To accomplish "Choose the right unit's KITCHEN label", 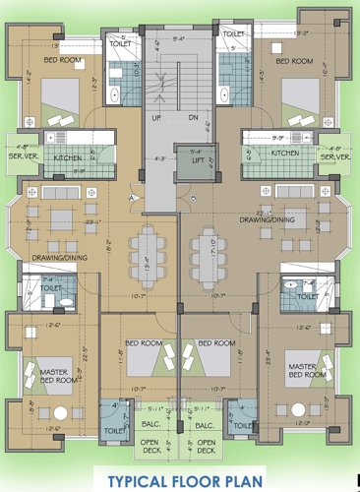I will [285, 154].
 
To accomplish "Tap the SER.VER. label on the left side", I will [22, 156].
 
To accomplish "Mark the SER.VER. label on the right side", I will [336, 155].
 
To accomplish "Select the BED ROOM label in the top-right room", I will [294, 61].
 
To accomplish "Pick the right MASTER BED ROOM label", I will [307, 371].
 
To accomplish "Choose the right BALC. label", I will [205, 425].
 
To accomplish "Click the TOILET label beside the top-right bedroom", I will [234, 34].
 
